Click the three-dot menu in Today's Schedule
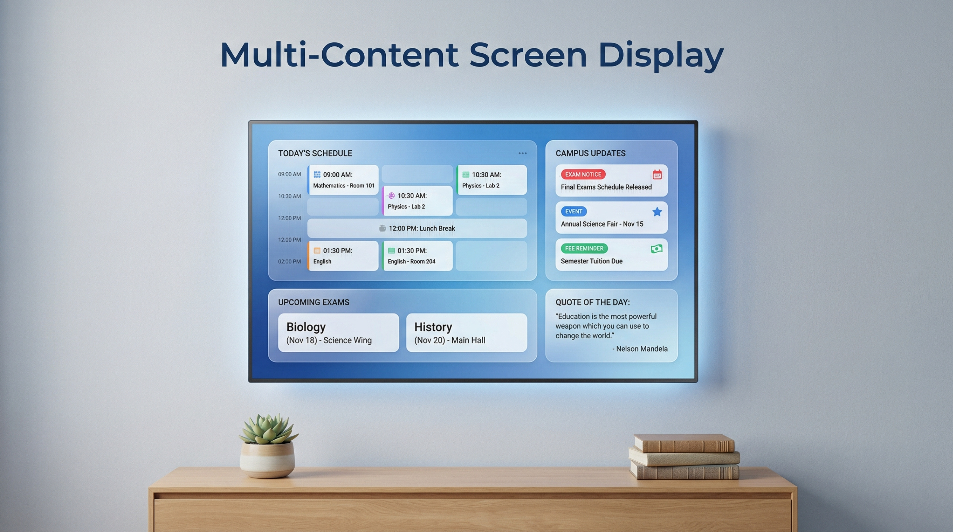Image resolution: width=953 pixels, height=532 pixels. click(522, 153)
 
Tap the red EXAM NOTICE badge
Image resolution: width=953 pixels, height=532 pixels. click(583, 174)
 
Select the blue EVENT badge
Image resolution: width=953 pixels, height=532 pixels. click(573, 211)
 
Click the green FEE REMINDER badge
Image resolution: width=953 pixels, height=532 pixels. click(584, 248)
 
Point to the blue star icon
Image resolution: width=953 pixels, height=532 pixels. click(657, 212)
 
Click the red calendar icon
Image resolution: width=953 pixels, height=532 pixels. click(657, 175)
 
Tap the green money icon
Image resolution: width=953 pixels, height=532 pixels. click(657, 249)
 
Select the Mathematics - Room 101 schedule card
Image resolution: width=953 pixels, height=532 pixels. click(343, 180)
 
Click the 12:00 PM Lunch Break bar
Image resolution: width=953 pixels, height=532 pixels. click(417, 228)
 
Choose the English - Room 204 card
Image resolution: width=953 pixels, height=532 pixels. click(417, 256)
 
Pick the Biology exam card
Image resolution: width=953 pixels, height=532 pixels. click(338, 332)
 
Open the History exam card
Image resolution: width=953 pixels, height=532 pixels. click(466, 332)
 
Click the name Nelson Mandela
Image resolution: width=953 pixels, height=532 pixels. click(641, 348)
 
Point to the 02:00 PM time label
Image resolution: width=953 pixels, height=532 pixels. click(289, 261)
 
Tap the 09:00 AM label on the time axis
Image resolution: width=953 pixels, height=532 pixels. click(289, 174)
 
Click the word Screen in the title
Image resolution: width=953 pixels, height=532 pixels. click(528, 55)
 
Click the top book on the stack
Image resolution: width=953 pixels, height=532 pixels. click(684, 443)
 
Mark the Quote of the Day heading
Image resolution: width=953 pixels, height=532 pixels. click(592, 302)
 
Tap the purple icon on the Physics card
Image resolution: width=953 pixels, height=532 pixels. click(391, 196)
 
